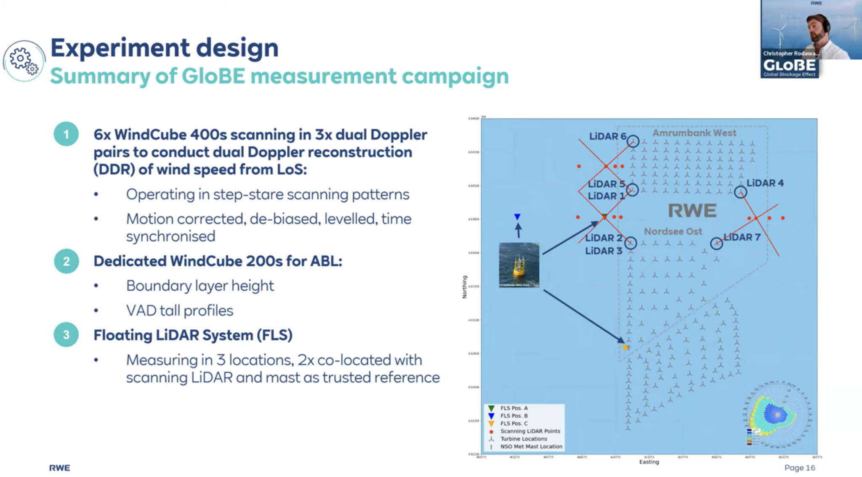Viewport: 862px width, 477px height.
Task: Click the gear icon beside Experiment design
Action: click(24, 61)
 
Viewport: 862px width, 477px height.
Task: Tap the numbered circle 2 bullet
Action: click(66, 261)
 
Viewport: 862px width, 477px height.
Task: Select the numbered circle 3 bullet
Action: click(66, 335)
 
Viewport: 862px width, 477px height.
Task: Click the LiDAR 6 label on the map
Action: click(607, 136)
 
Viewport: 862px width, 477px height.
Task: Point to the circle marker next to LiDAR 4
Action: click(740, 192)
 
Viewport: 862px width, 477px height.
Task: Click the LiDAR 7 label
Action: click(742, 237)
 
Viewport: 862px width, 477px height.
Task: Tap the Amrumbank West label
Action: click(694, 133)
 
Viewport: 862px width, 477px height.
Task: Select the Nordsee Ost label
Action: click(673, 231)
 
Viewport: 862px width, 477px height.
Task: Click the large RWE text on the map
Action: click(692, 211)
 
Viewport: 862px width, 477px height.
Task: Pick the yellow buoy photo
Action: click(519, 265)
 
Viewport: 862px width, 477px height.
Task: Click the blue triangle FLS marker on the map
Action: click(517, 217)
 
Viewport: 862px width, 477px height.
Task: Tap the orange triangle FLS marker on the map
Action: click(625, 348)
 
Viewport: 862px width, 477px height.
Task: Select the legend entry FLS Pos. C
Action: click(513, 424)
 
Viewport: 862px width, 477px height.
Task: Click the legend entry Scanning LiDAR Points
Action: click(530, 431)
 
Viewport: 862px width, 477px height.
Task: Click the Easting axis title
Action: click(649, 462)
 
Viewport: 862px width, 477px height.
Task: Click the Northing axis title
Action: click(465, 287)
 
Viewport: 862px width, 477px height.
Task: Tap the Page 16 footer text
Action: click(799, 468)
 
